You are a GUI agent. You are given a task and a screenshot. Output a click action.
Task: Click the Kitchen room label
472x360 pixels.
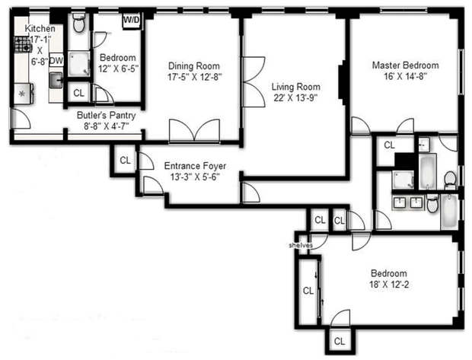40,28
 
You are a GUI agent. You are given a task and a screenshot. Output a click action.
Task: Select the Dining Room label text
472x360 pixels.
193,65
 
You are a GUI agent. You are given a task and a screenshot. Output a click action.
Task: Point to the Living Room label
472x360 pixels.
295,86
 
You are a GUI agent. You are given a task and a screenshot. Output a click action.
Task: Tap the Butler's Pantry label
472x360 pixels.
106,116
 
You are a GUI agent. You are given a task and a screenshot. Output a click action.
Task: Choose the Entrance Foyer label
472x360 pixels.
193,166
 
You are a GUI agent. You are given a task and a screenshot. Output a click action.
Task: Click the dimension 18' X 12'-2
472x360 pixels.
388,285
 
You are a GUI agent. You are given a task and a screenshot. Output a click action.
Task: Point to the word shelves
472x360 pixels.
301,245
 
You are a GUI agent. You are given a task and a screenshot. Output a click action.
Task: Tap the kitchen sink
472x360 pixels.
56,79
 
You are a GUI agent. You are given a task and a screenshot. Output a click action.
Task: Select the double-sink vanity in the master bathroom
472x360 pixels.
409,202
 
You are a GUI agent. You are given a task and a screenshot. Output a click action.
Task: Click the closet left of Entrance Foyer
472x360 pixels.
125,160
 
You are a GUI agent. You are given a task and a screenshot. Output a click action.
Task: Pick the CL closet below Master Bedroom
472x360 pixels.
389,145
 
